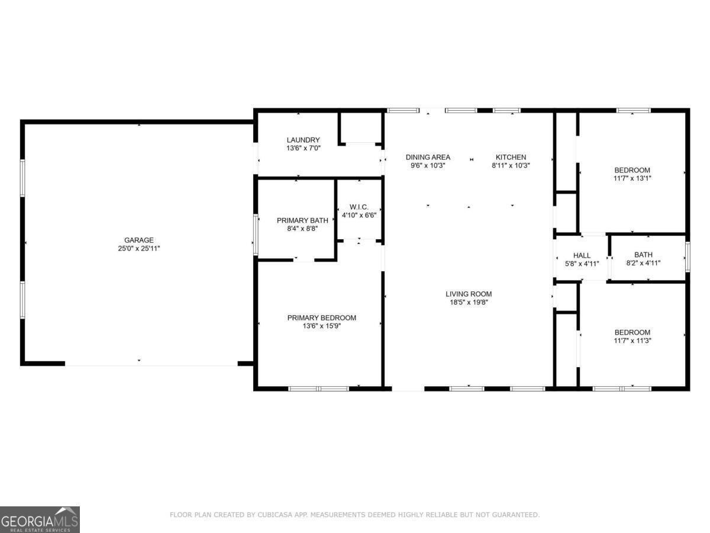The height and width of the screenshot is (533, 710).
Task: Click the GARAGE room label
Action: click(138, 240)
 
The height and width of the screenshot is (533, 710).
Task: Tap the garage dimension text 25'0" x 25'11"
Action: click(138, 249)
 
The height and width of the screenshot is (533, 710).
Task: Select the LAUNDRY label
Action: click(303, 140)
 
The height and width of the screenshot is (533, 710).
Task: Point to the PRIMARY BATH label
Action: click(302, 220)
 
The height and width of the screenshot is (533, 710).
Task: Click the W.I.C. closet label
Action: click(359, 207)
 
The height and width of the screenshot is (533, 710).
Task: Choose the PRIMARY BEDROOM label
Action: click(321, 317)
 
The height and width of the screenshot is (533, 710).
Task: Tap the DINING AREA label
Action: click(428, 157)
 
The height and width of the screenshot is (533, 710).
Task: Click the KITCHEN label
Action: click(510, 157)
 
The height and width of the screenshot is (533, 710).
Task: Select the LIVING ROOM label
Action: click(469, 294)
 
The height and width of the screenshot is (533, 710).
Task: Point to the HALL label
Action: click(582, 255)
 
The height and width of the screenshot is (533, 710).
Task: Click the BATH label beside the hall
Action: click(643, 255)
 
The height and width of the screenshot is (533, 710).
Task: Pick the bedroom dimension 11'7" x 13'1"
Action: click(632, 178)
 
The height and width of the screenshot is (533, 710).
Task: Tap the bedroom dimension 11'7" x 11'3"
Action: click(632, 341)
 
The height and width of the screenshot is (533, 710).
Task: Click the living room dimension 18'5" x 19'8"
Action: click(469, 302)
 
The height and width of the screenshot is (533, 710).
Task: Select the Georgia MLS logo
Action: click(40, 519)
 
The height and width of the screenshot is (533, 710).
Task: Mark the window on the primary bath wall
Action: click(256, 235)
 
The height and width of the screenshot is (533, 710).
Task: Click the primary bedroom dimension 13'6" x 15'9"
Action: click(321, 326)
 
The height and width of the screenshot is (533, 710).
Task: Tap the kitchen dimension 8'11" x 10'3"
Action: click(510, 166)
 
